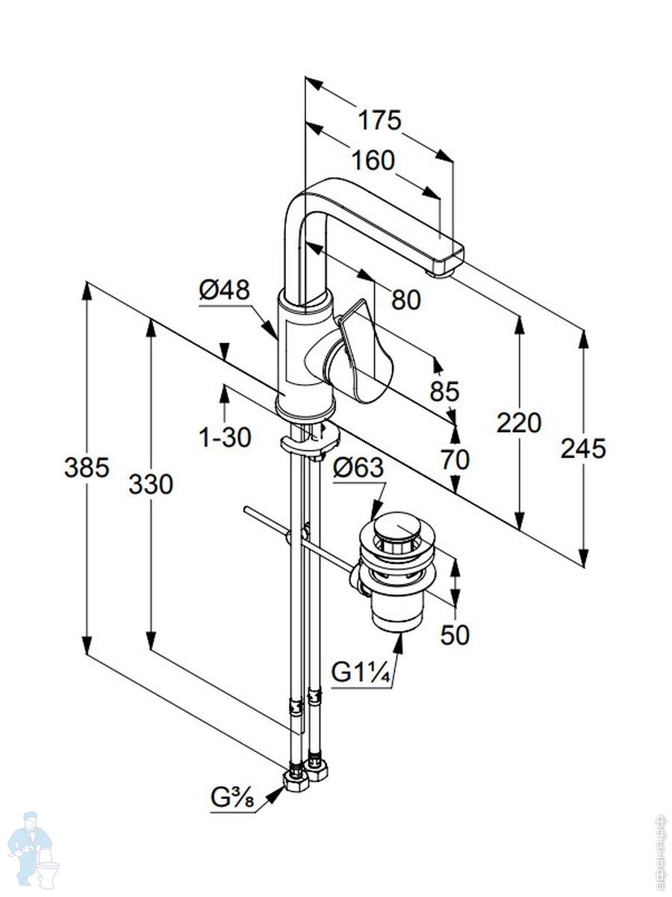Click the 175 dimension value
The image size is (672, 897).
[379, 120]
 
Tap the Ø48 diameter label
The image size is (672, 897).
[224, 290]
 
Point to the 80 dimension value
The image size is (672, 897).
[406, 300]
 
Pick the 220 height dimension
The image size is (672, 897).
[519, 423]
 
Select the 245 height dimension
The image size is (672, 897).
[583, 449]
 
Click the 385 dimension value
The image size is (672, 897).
[87, 468]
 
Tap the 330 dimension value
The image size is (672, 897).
[151, 484]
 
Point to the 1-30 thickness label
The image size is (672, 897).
[225, 437]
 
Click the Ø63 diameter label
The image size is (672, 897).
[358, 469]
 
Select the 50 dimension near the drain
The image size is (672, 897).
[455, 635]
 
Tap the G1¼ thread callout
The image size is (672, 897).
[361, 673]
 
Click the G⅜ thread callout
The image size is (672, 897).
[232, 801]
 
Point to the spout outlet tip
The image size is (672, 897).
[442, 268]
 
